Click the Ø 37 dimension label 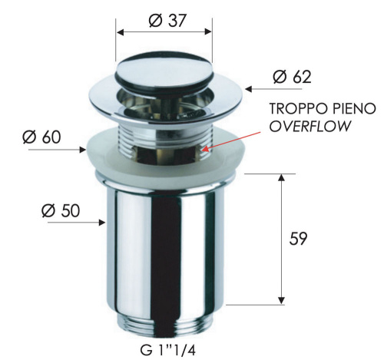164,20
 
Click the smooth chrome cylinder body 164,246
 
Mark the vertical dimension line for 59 283,238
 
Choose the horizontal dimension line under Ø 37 164,33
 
